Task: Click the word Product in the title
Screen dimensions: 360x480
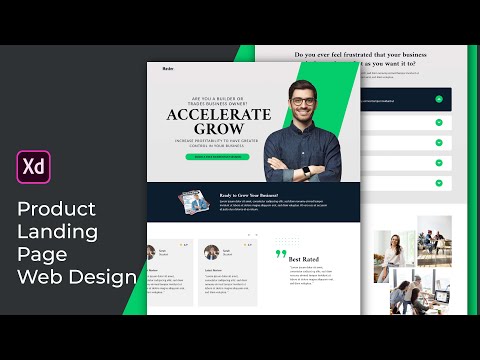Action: pos(56,209)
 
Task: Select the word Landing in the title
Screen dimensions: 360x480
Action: pos(58,232)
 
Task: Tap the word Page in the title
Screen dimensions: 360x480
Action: pos(40,254)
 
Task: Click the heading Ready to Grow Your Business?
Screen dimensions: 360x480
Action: pos(250,195)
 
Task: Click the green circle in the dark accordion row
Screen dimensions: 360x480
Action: pos(438,99)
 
